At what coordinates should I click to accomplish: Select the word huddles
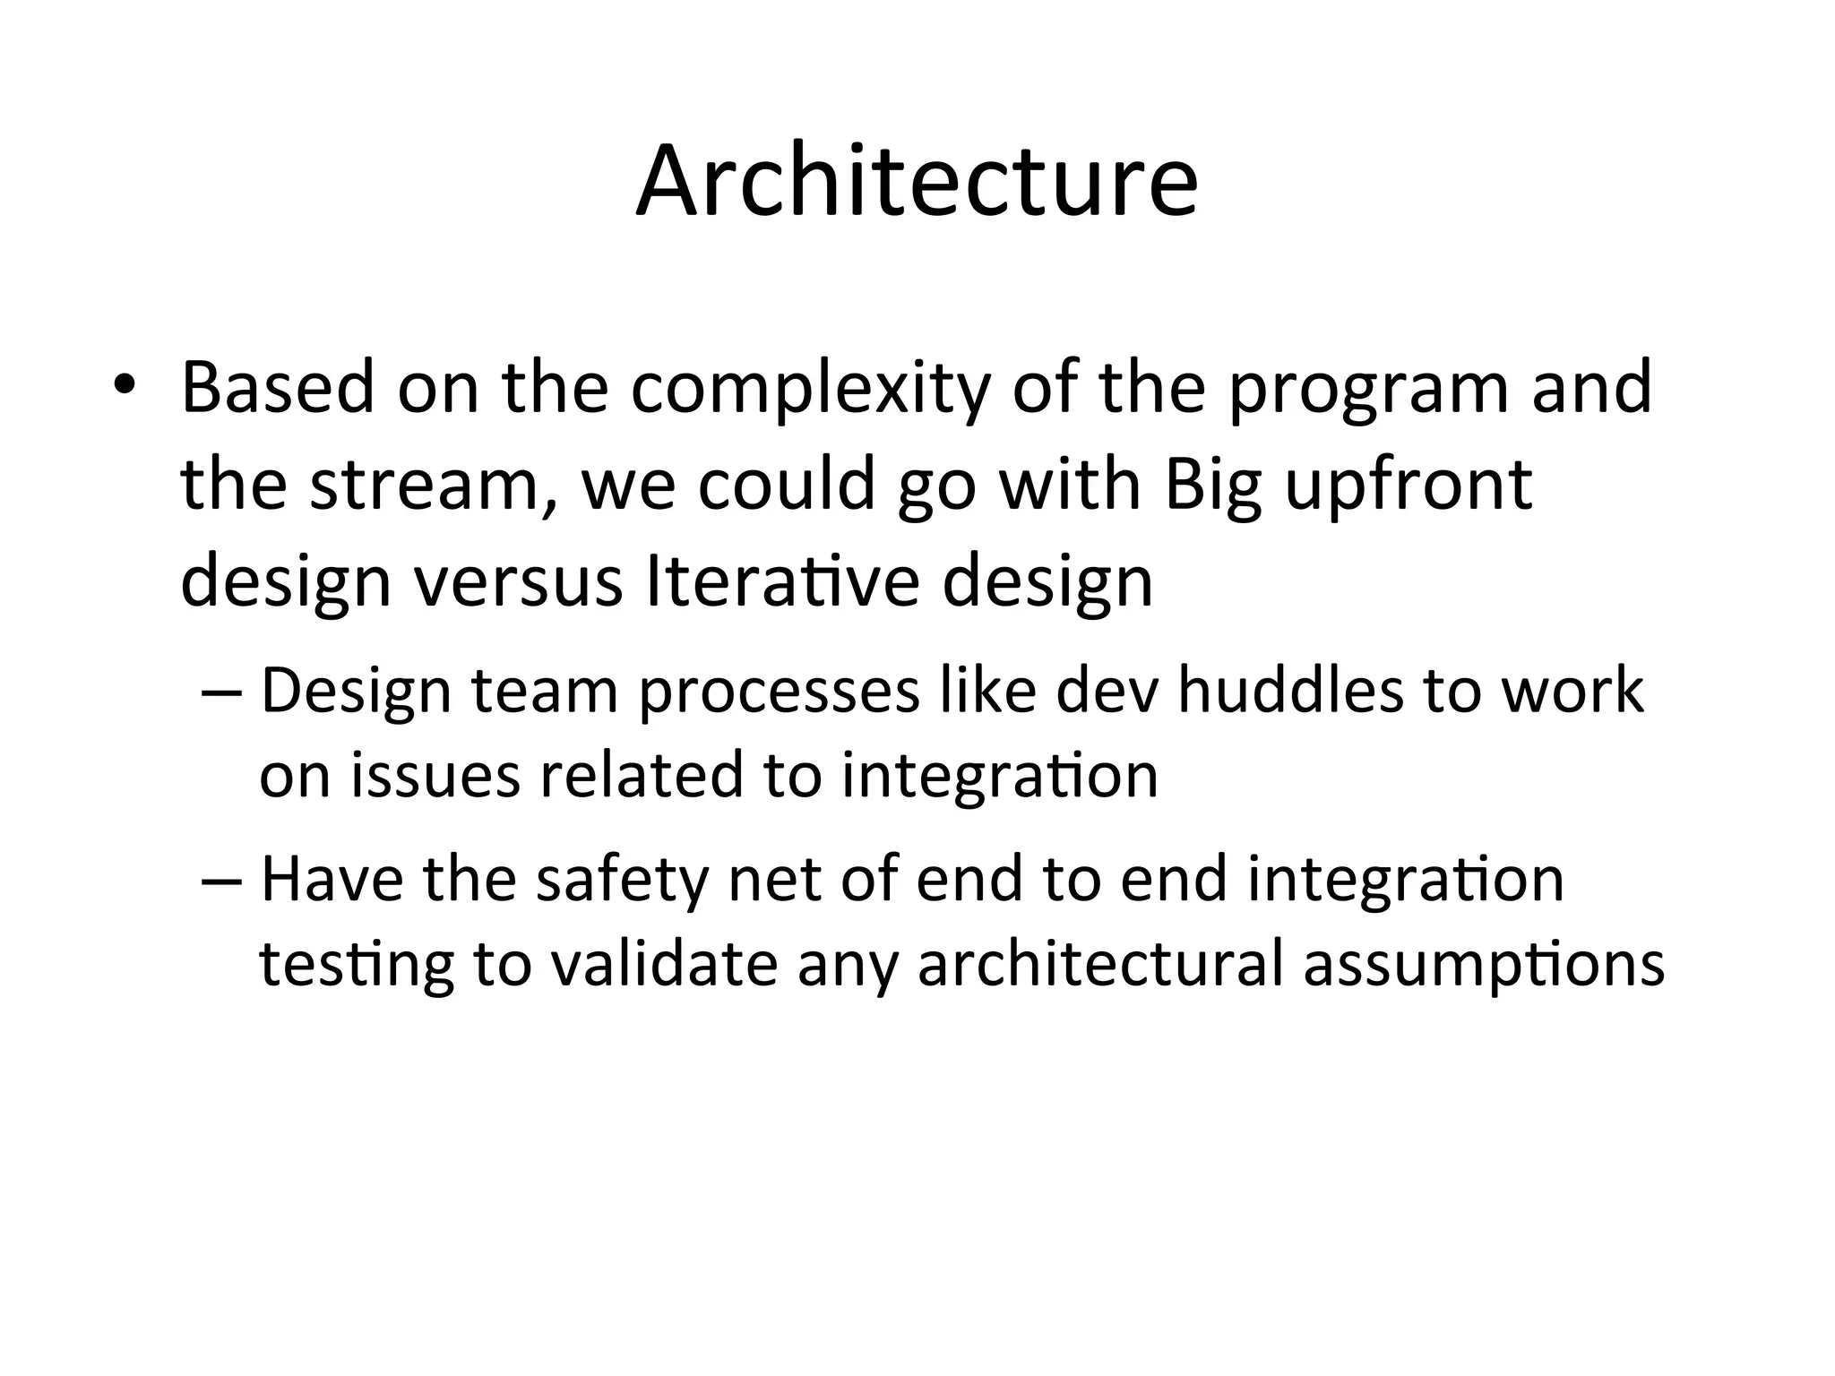pyautogui.click(x=1290, y=692)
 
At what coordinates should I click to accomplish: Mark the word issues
pyautogui.click(x=435, y=775)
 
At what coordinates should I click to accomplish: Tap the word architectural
pyautogui.click(x=1101, y=965)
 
